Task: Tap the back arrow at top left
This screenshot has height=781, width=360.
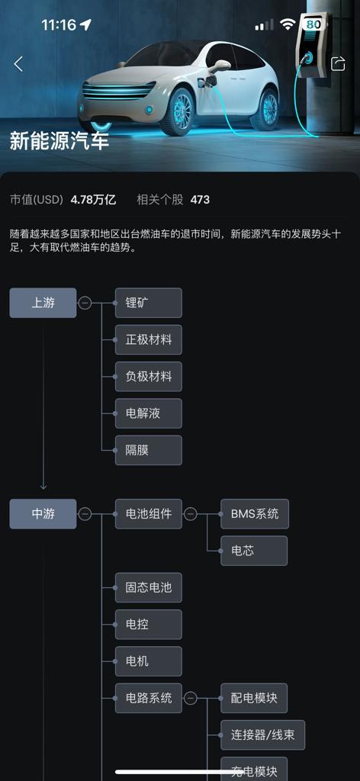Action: [x=18, y=64]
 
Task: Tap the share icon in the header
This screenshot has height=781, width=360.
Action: [x=338, y=64]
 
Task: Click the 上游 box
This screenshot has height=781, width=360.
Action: [x=43, y=303]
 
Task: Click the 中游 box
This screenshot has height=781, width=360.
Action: [x=43, y=514]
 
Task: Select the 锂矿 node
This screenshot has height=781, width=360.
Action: [x=149, y=303]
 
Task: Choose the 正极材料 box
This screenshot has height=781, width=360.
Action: [x=149, y=339]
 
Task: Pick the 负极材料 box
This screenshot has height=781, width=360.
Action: [x=149, y=377]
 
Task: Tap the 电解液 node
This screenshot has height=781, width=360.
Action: [x=149, y=413]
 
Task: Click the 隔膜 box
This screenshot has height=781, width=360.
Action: [x=149, y=450]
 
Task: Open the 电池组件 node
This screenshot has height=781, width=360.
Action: [x=149, y=514]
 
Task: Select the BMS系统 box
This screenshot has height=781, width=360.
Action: [x=255, y=514]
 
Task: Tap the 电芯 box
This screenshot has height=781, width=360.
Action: [x=254, y=551]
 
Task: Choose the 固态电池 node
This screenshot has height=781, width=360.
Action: [x=149, y=588]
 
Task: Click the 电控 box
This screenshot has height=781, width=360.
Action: [x=149, y=625]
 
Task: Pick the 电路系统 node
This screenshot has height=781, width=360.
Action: [x=149, y=699]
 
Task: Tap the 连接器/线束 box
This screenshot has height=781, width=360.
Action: [x=263, y=735]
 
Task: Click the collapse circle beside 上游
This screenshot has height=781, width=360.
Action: [x=85, y=303]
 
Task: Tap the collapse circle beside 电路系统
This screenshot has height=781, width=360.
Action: [x=190, y=699]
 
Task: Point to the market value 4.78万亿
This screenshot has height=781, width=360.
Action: [x=93, y=201]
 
